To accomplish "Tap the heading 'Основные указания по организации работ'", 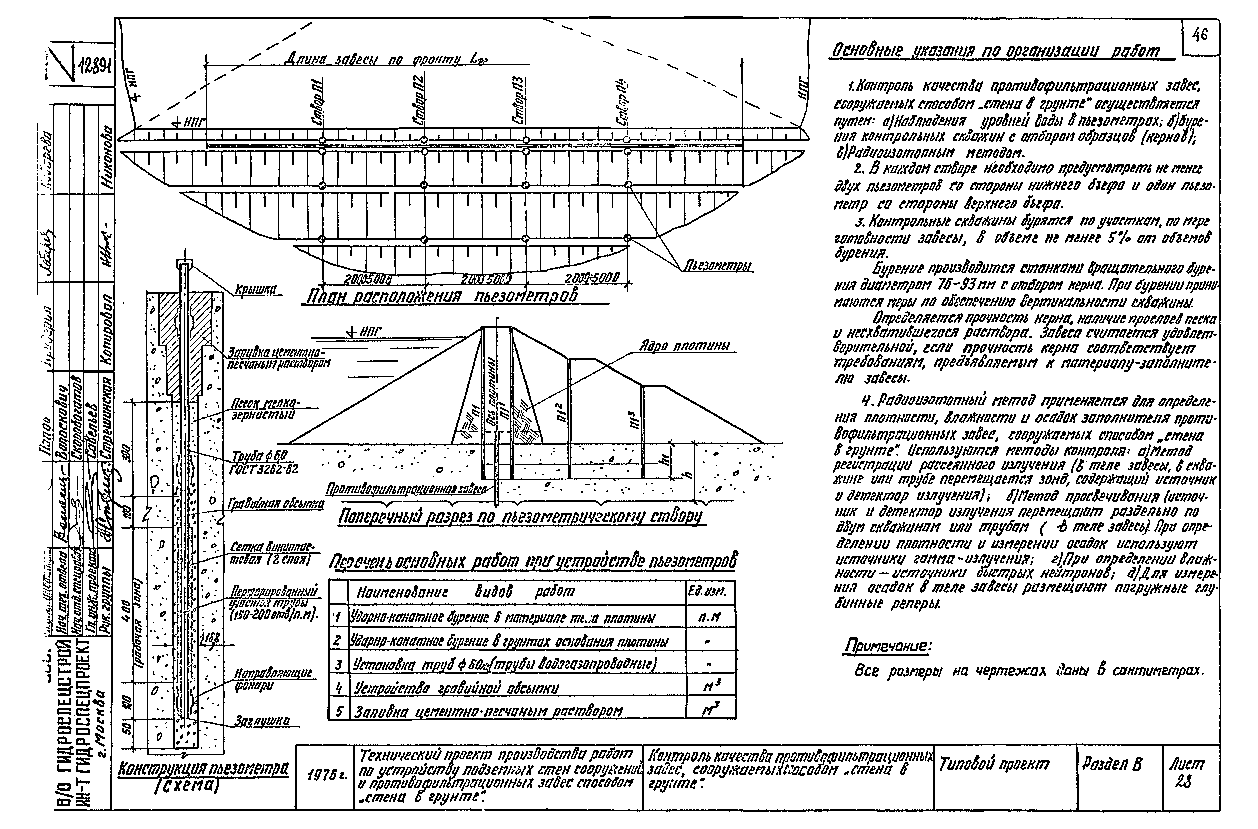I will click(996, 51).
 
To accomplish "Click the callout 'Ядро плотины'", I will click(684, 346).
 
